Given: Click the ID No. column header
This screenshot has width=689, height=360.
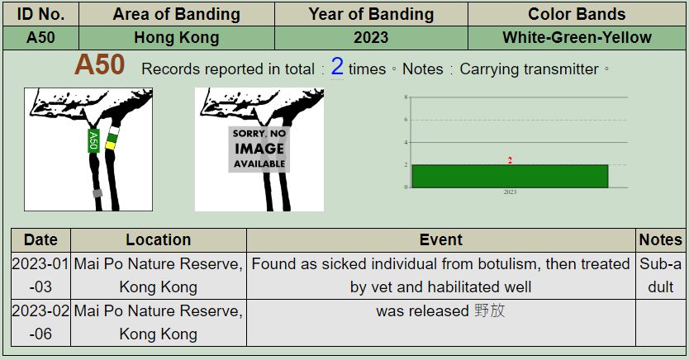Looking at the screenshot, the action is tap(40, 14).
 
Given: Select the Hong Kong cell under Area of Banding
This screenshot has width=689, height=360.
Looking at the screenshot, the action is tap(177, 38).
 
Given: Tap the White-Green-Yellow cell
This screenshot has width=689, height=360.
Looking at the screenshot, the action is tap(577, 38).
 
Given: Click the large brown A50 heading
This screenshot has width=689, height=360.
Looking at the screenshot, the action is tap(100, 65).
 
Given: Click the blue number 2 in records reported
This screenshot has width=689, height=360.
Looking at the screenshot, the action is tap(337, 67).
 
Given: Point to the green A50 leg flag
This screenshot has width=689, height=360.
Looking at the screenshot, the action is tap(93, 140).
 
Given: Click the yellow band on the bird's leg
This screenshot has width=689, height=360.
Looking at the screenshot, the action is tap(110, 145).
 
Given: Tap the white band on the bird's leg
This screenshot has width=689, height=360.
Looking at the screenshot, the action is tap(114, 130).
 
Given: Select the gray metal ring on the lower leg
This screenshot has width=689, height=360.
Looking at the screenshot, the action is tap(97, 193).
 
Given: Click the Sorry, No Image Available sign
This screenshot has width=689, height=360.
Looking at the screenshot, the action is tap(259, 149).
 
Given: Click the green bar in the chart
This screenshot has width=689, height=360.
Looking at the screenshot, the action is tap(511, 176).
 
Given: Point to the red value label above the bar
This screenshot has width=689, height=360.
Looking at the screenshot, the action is tap(510, 160).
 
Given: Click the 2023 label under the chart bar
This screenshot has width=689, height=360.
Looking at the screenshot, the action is tap(510, 192).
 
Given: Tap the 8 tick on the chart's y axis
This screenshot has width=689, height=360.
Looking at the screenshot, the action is tap(406, 97).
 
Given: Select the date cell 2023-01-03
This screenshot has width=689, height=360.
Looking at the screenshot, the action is tap(40, 275).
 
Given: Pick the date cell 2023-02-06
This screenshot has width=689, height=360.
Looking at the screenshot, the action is tap(40, 323).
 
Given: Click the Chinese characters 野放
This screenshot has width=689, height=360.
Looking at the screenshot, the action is tap(490, 310).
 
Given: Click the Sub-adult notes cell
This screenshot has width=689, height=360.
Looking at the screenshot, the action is tap(660, 275).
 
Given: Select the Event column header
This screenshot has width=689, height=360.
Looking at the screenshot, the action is tap(441, 239).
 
